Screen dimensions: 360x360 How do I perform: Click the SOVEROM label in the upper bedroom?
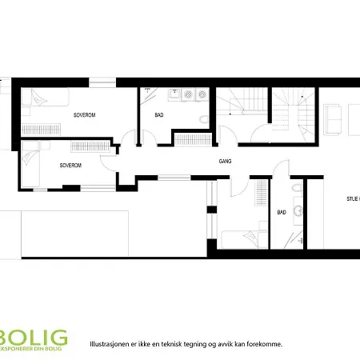84,115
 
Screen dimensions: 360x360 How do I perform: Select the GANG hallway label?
226,161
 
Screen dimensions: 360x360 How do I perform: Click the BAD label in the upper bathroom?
159,115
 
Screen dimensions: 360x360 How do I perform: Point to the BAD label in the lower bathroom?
282,213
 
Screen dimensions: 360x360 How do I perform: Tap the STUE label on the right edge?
352,198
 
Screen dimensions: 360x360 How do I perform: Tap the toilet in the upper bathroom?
205,120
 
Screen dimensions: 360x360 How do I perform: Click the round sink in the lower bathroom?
298,211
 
